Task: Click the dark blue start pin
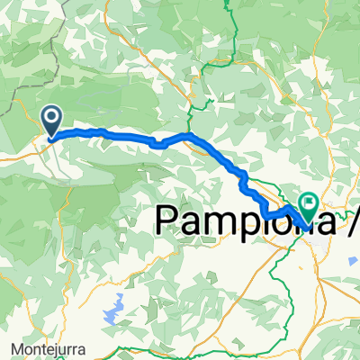coord(51,120)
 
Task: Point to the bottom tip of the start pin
coord(50,139)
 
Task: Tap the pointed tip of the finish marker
coord(304,224)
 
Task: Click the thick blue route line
coord(117,135)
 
